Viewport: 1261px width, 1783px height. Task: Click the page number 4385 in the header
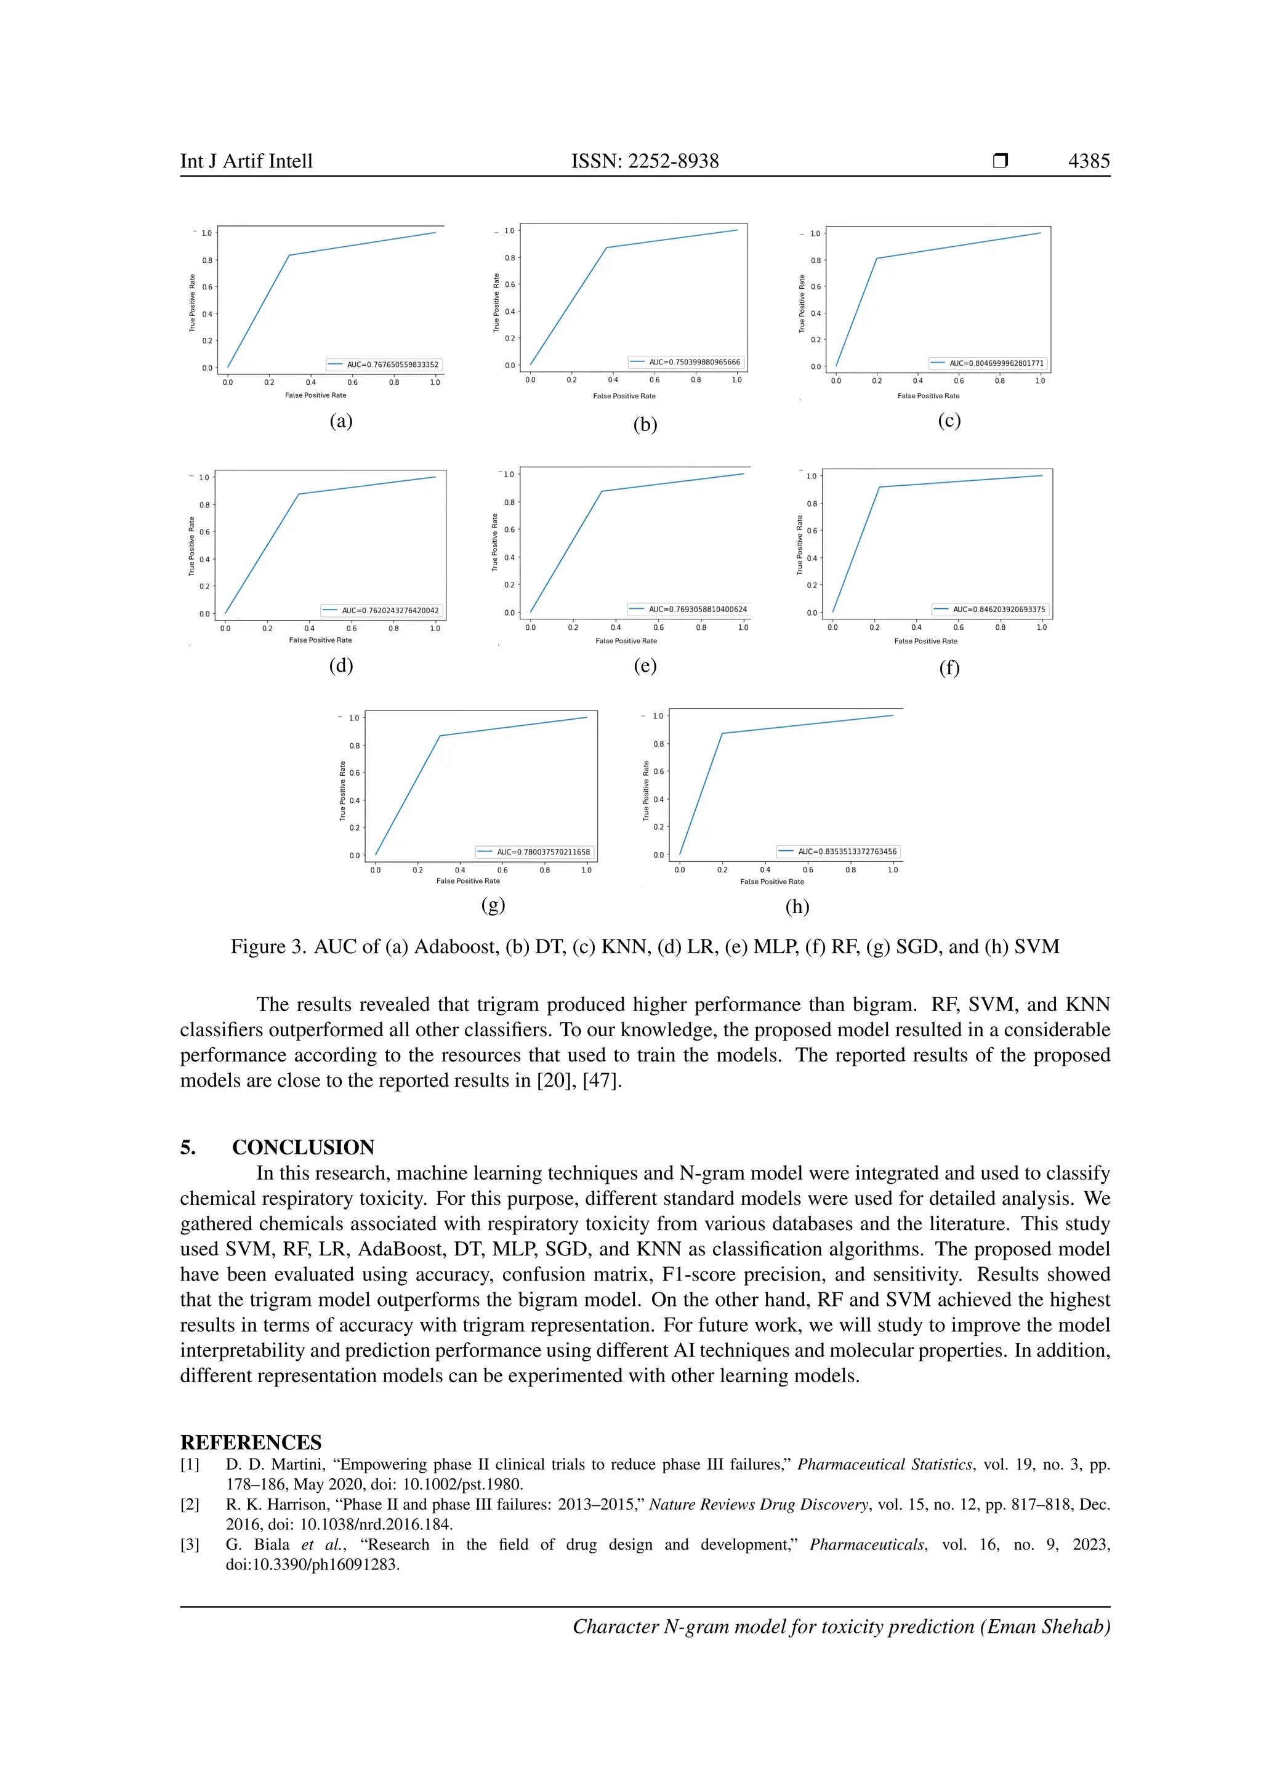pos(1089,161)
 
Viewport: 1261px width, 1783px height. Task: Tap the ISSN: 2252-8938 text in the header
pos(645,161)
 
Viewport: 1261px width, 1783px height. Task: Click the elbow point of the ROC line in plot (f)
pos(879,487)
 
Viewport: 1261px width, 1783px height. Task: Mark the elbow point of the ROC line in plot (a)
pos(289,255)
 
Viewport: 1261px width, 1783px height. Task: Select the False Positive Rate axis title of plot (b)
pos(624,396)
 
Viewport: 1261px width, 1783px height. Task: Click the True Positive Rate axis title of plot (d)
pos(191,546)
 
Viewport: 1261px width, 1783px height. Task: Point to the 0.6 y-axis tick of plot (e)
pos(509,529)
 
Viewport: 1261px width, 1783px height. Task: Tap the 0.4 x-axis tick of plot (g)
pos(460,870)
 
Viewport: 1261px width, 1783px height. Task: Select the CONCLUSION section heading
pos(303,1147)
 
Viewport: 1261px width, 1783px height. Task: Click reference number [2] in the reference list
pos(190,1504)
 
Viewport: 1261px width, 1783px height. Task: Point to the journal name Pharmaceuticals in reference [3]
pos(866,1545)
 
